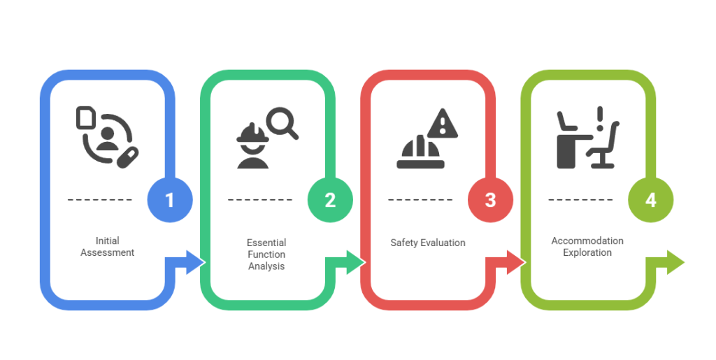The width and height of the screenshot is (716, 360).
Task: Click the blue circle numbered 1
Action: tap(169, 200)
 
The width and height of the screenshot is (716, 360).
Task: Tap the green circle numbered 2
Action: tap(330, 200)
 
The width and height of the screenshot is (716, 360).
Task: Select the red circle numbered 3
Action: tap(490, 200)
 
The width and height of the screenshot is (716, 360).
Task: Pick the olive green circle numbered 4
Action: tap(650, 200)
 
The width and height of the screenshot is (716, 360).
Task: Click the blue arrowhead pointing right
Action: tap(194, 262)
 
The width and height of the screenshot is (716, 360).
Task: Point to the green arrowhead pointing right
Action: tap(355, 262)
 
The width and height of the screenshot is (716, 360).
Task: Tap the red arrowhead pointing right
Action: tap(515, 262)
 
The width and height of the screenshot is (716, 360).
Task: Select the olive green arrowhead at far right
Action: tap(675, 262)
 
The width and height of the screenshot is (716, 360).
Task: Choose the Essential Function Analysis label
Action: tap(266, 254)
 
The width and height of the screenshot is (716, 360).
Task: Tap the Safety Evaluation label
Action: tap(427, 243)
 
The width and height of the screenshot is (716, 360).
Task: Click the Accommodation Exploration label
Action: tap(587, 246)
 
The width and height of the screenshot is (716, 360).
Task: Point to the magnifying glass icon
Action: tap(283, 122)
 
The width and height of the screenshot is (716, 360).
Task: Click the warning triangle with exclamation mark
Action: tap(441, 124)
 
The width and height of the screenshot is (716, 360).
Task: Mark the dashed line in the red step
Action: tap(420, 200)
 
